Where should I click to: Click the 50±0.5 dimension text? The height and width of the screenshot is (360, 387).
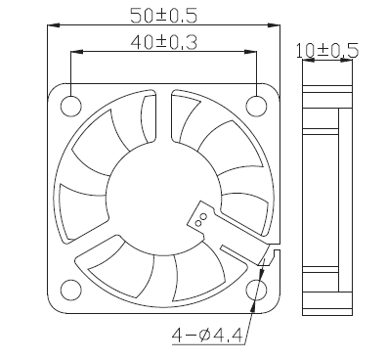[164, 16]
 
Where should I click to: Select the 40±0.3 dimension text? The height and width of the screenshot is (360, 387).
[164, 42]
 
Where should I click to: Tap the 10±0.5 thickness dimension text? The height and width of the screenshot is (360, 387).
[327, 51]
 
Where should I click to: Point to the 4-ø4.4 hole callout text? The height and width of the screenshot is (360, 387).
[207, 335]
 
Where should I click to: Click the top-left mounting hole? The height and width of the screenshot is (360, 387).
[71, 106]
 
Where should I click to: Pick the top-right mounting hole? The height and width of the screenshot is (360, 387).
[256, 106]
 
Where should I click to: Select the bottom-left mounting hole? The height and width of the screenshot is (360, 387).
[71, 291]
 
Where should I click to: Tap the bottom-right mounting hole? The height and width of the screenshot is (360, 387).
[256, 291]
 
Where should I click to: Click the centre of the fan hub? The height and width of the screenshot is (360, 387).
[164, 199]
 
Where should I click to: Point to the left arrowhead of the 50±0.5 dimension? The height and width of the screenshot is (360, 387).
[54, 25]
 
